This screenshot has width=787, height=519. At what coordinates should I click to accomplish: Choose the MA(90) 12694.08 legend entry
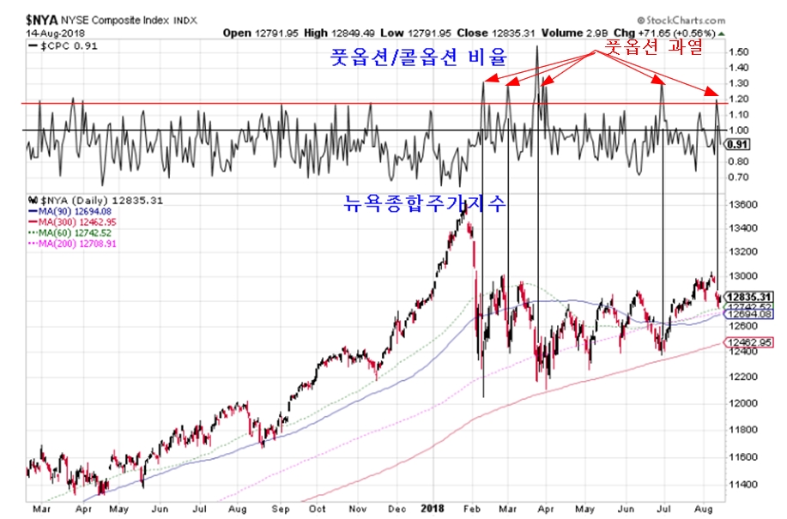tap(74, 211)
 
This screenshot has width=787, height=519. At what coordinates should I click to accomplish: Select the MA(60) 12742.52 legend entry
tap(74, 232)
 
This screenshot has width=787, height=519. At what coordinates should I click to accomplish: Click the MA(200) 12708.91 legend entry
tap(76, 243)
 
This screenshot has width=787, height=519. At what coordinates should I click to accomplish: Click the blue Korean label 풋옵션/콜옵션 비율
tap(420, 59)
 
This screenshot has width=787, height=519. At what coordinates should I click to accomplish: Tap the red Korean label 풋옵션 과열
tap(654, 48)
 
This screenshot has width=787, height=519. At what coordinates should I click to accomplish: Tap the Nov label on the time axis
tap(357, 508)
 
